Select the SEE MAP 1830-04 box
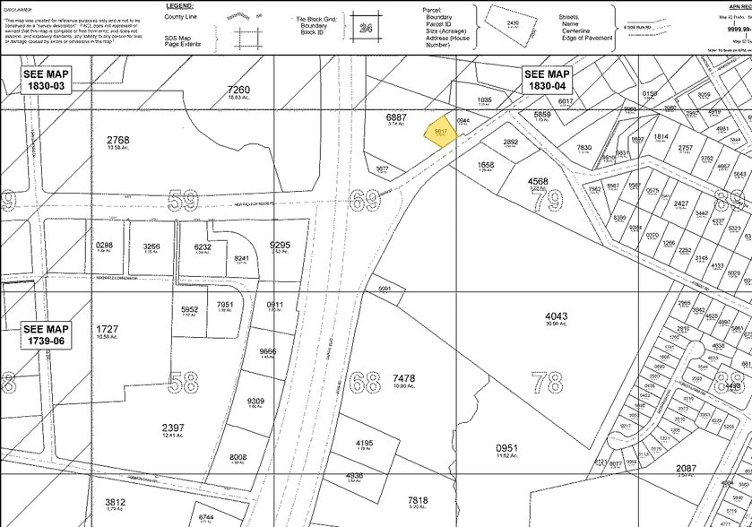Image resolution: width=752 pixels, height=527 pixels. point(547,79)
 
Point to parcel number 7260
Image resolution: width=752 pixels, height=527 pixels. point(238,91)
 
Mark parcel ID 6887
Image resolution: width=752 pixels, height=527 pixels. point(397,117)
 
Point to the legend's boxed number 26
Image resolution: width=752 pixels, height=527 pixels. point(365,29)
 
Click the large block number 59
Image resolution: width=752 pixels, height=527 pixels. point(185,201)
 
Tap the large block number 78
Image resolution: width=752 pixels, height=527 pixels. point(548,383)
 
